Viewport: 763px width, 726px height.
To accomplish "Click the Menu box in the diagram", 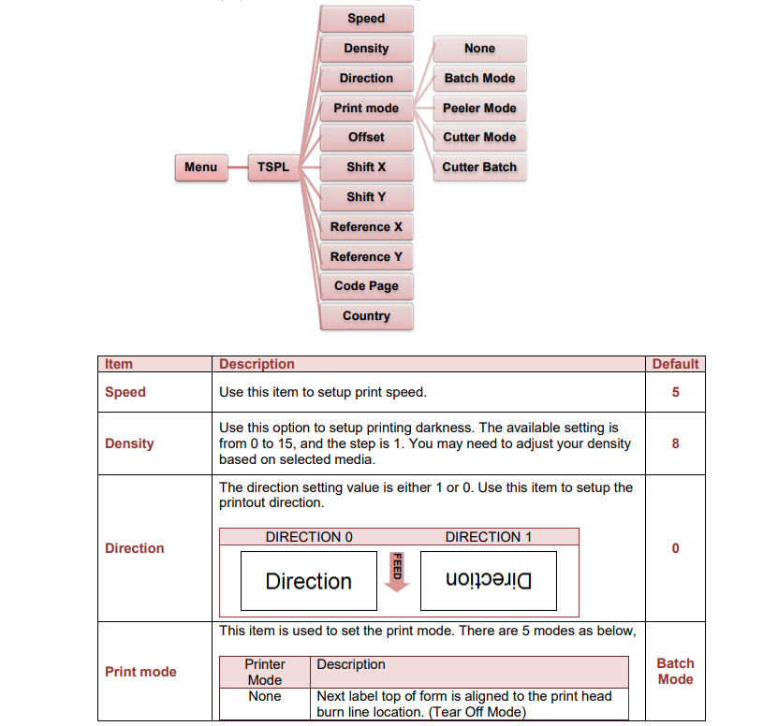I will pos(200,167).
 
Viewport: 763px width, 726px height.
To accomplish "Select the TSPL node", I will pos(272,167).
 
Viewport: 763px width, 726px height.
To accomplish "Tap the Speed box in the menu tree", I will pos(366,19).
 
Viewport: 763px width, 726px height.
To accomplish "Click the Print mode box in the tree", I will pos(366,108).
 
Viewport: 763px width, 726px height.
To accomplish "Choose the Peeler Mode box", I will pos(479,108).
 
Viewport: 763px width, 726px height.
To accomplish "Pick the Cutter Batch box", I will pos(479,167).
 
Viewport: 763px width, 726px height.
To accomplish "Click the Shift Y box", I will pos(366,196).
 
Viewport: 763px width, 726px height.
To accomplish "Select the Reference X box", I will pos(366,226).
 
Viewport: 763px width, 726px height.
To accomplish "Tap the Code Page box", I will pos(366,286).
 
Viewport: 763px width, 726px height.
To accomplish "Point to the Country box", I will pos(366,316).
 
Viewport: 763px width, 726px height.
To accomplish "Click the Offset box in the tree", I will pos(366,138).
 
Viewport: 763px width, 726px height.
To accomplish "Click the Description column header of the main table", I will pos(257,364).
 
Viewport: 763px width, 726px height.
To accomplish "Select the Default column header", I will pos(675,364).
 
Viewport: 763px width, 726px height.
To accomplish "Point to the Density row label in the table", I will pos(129,443).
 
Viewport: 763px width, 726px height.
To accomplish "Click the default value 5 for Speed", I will pos(675,392).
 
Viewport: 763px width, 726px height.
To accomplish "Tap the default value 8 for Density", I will pos(675,443).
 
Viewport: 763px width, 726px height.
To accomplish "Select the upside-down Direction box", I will pos(489,581).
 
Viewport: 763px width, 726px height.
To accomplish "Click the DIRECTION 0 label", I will pos(309,537).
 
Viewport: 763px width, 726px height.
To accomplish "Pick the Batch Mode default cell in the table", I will pos(675,671).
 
